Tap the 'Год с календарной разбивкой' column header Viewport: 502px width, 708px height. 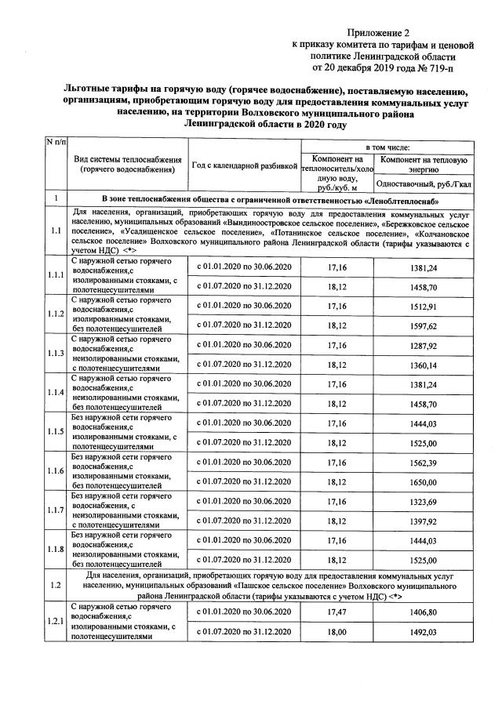(245, 165)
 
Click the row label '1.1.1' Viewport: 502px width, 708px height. (55, 275)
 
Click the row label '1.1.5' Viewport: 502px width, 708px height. (55, 432)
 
